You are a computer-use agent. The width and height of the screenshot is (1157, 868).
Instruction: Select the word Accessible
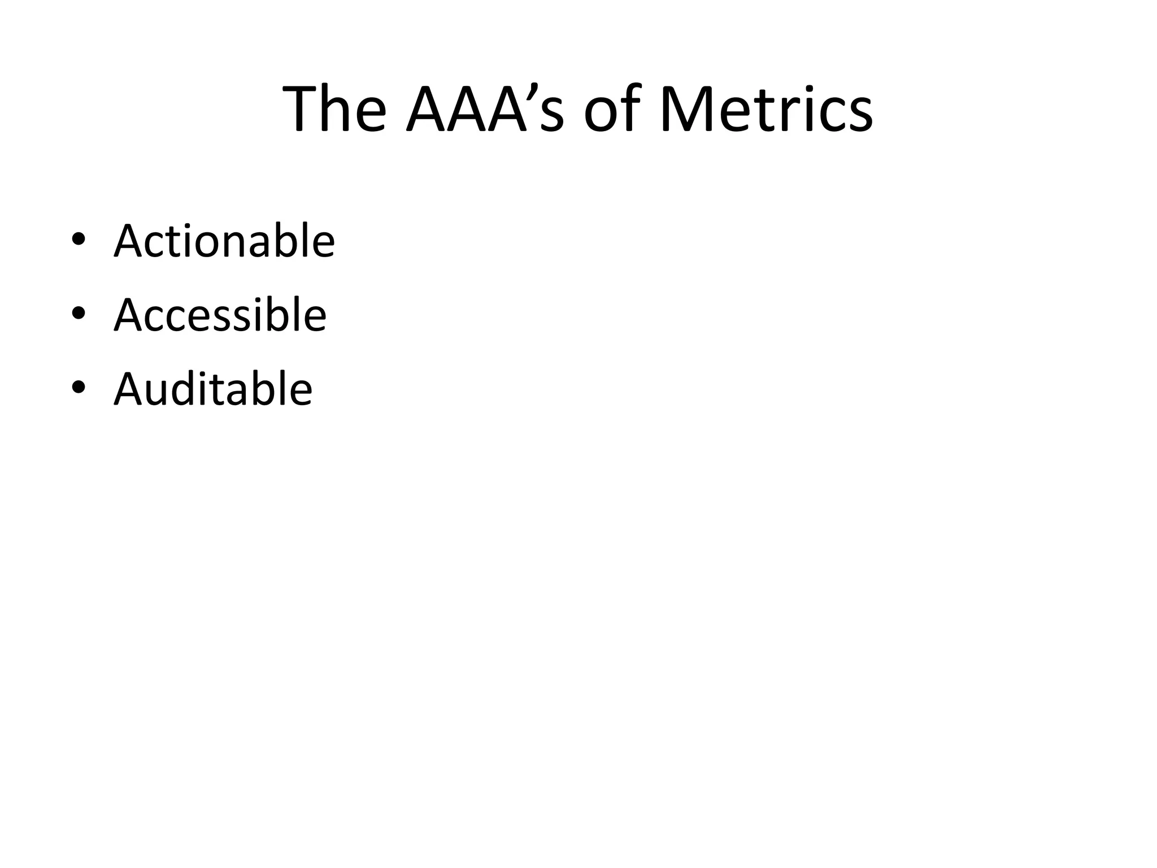(x=220, y=315)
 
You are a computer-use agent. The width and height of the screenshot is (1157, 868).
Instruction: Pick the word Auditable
(x=213, y=389)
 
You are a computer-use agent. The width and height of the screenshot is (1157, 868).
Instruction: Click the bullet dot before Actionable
(x=79, y=240)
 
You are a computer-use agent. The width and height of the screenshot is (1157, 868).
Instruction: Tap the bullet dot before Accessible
(x=79, y=314)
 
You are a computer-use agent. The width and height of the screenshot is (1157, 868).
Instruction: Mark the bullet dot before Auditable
(x=79, y=388)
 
